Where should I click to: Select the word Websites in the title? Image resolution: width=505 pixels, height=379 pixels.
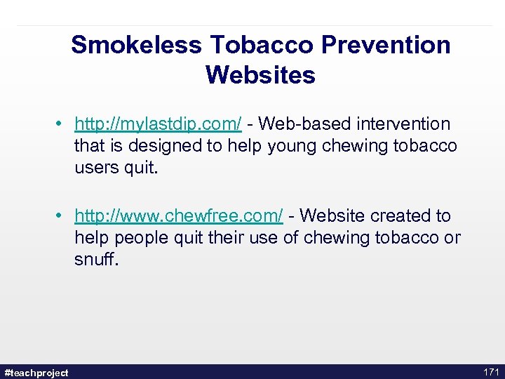260,74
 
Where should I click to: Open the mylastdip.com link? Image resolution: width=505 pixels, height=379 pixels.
159,124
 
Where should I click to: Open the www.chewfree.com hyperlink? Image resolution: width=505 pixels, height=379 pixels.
179,215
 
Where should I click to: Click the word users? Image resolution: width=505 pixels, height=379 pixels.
95,168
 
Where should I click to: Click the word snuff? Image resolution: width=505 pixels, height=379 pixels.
97,260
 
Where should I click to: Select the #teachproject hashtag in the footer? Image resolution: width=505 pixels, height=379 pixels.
36,372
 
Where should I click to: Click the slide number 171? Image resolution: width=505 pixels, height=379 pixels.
491,371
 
